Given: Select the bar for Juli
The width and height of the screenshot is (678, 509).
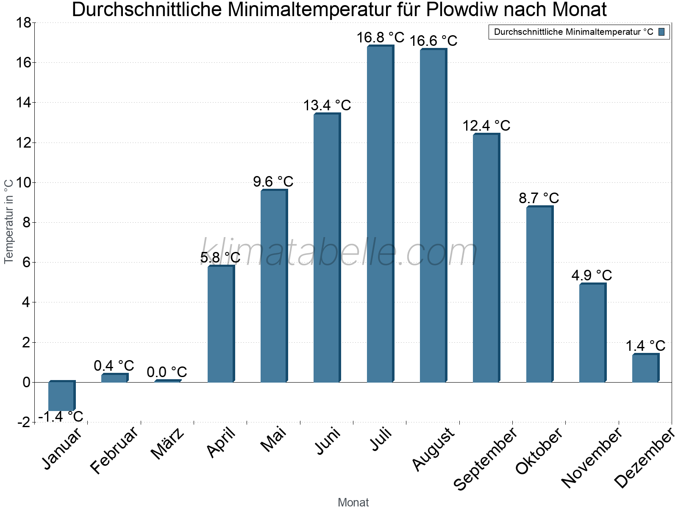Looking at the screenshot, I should pos(380,214).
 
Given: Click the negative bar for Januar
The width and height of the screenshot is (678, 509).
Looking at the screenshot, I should pos(61,396).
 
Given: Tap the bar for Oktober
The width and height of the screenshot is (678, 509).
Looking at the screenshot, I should pos(539,295).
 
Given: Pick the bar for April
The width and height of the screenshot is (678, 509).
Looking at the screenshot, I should pos(221,324).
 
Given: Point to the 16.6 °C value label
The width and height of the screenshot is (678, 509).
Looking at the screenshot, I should pos(433,41).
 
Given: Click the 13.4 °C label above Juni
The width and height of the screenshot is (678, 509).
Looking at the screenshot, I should pos(327,105).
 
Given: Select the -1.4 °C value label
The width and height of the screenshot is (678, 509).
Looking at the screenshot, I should pos(61,417).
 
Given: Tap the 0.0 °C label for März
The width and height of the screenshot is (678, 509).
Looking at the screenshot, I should pos(167,372).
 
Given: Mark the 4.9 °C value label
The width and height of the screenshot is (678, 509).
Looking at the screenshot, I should pos(592,275).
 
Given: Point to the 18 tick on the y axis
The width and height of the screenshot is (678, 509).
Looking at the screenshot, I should pos(24,22).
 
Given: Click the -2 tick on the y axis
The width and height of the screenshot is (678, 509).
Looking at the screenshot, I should pos(24,422).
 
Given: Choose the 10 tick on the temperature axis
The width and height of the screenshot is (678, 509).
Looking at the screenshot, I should pos(24,183).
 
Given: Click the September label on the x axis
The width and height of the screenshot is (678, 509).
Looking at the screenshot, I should pos(486,458).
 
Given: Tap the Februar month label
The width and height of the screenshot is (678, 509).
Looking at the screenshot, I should pos(114,450).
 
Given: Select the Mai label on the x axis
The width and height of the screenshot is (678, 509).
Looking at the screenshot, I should pos(273,440).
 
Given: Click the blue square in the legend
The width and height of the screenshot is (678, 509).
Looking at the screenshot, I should pos(662,32).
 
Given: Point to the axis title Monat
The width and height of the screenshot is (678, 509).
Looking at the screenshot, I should pos(353,503).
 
